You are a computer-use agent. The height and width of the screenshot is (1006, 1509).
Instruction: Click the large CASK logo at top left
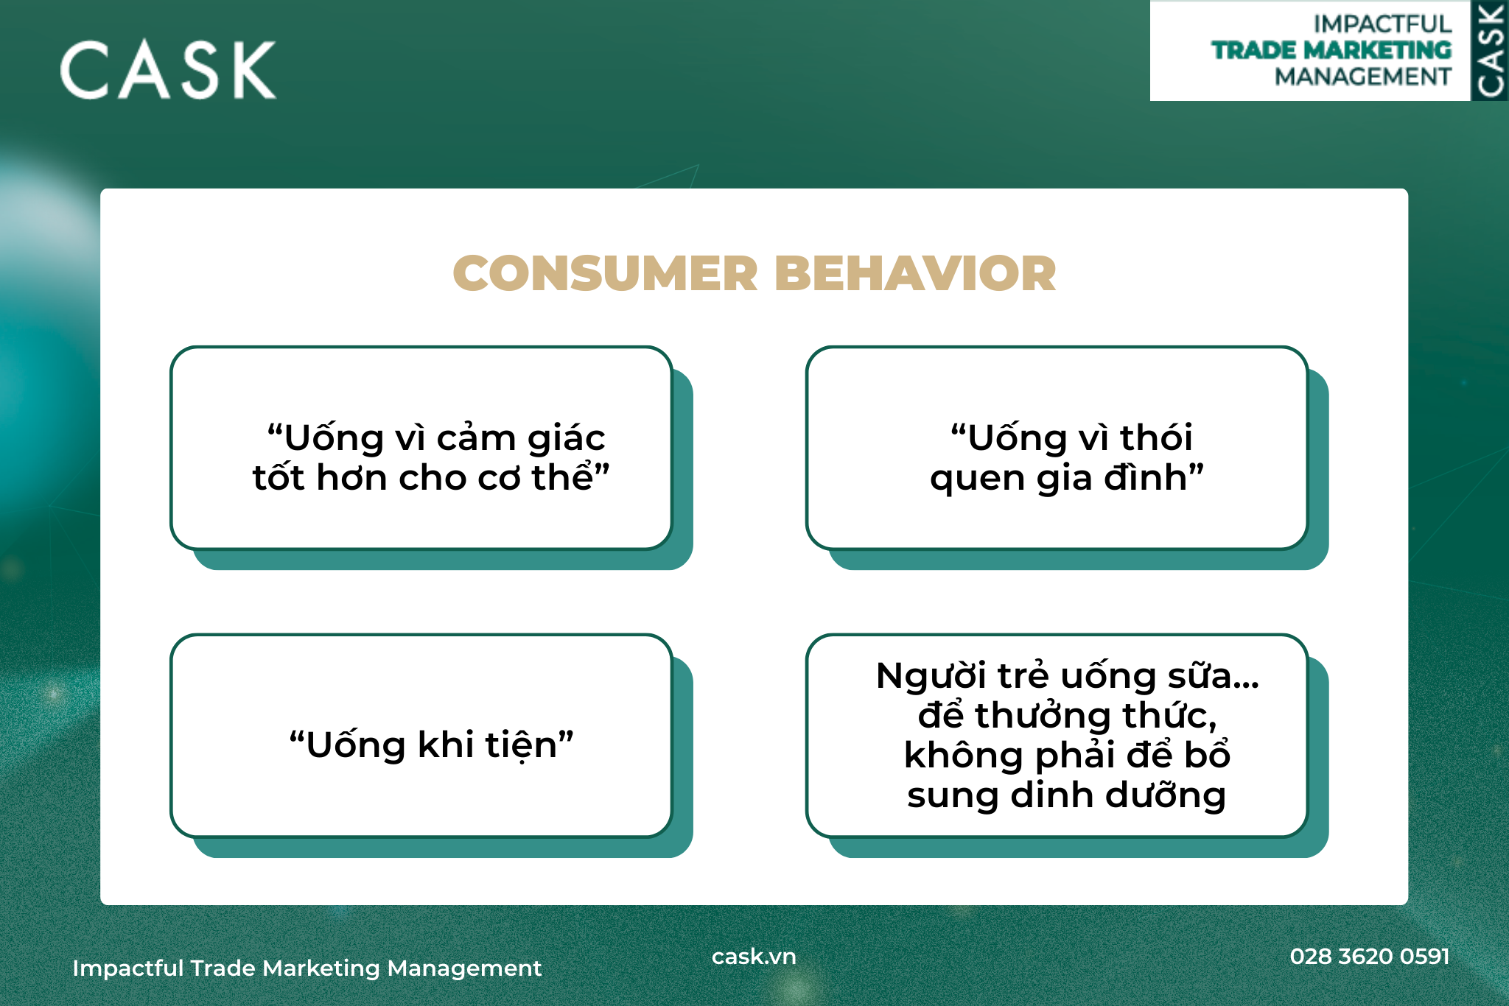click(168, 70)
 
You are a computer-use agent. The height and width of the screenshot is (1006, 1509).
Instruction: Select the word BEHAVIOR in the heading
click(915, 273)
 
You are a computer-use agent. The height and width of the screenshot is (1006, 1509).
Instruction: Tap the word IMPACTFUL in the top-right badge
click(1382, 24)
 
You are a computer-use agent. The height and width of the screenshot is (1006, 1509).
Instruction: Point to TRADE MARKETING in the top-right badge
click(1331, 50)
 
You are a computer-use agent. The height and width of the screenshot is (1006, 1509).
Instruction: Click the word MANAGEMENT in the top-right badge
click(1363, 77)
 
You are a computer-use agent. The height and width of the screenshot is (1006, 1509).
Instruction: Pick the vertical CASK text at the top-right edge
click(1491, 50)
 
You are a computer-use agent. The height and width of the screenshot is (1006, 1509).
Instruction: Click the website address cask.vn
click(754, 956)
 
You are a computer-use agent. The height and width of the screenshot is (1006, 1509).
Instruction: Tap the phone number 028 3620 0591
click(1370, 956)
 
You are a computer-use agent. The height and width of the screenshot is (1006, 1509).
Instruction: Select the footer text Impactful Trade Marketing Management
click(307, 968)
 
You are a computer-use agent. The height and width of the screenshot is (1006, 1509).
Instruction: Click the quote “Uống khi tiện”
click(431, 745)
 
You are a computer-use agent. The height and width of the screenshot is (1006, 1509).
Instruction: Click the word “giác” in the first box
click(566, 438)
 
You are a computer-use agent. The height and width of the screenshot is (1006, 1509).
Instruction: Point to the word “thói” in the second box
click(1155, 437)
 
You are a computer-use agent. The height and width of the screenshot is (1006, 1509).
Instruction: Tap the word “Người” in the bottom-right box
click(931, 675)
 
